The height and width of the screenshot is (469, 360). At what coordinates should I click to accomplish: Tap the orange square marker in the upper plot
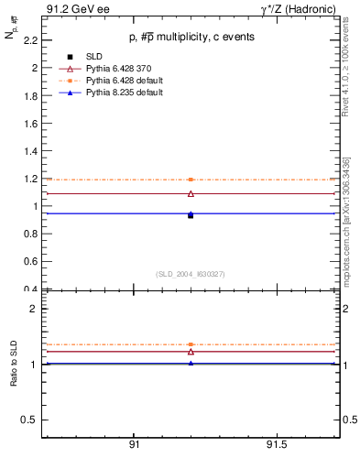(x=191, y=180)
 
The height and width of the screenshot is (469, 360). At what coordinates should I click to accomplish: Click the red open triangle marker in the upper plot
(x=191, y=193)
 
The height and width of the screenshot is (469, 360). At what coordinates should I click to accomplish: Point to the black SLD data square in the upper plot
(x=191, y=215)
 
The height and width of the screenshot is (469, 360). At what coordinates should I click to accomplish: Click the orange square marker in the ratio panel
(x=191, y=344)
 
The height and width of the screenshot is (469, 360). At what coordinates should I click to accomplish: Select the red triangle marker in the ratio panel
(x=191, y=352)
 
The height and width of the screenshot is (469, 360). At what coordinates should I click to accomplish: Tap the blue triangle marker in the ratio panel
(x=191, y=363)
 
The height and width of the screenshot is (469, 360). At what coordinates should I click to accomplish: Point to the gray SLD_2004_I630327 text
(x=191, y=274)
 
